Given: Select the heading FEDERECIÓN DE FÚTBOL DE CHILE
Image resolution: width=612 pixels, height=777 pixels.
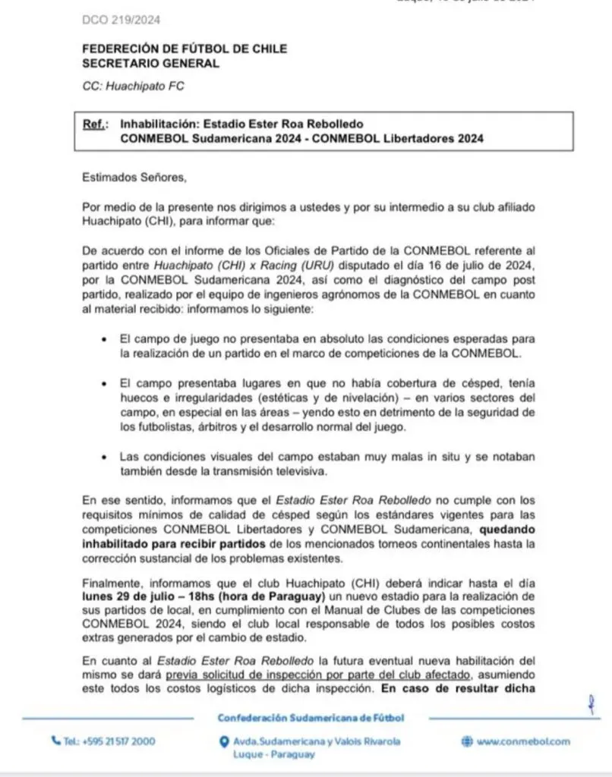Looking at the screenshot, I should [185, 49].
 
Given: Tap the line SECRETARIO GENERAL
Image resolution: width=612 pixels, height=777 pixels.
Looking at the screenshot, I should [150, 64].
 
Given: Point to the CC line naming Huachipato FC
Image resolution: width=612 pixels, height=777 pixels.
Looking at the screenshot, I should [133, 87].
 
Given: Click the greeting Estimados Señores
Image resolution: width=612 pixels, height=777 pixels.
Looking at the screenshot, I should [133, 178].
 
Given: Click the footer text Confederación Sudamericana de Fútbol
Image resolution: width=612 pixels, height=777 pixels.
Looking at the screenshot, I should [311, 718].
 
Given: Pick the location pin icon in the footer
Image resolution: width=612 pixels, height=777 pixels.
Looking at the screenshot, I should [223, 741].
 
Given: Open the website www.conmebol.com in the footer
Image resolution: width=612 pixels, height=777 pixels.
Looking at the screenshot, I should [523, 741].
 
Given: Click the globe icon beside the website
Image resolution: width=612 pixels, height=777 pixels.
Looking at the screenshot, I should [467, 741].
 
